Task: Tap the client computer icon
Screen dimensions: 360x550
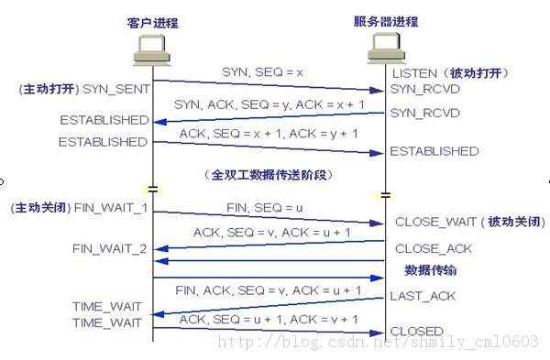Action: (x=152, y=51)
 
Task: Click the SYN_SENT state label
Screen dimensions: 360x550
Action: (x=115, y=90)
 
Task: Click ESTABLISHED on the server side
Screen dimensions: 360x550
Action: (x=434, y=151)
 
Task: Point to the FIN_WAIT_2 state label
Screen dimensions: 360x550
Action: (x=110, y=247)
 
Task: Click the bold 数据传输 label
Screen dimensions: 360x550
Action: (x=431, y=271)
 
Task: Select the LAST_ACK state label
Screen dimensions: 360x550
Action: (x=423, y=296)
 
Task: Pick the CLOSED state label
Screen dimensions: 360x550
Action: (x=417, y=331)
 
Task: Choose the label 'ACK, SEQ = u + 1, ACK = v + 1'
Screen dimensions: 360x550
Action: (x=269, y=320)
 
